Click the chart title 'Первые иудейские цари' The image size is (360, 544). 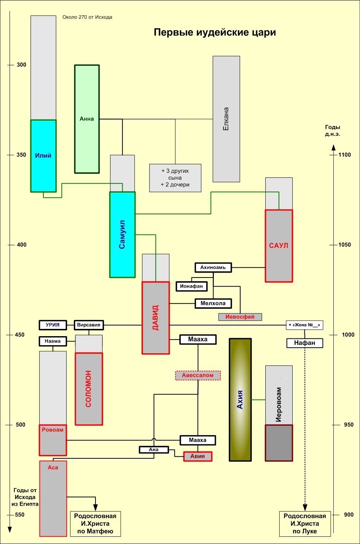[x=215, y=33]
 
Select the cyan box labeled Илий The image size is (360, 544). [x=43, y=156]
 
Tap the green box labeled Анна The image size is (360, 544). [x=87, y=119]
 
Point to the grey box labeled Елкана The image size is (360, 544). [x=226, y=119]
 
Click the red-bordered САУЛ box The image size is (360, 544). [x=279, y=246]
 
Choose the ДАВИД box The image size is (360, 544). [x=155, y=318]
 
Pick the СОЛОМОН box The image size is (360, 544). [x=89, y=389]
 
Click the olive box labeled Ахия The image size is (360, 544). [x=240, y=400]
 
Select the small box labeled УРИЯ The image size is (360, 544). [x=53, y=325]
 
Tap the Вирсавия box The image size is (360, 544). [x=89, y=325]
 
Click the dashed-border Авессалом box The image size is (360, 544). [x=198, y=375]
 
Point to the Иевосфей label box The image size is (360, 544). [x=240, y=317]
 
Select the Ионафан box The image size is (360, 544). [x=191, y=286]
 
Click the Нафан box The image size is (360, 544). [x=304, y=343]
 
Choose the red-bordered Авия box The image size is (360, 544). [x=198, y=456]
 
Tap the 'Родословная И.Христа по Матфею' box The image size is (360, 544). [x=95, y=524]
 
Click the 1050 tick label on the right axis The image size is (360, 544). [x=345, y=245]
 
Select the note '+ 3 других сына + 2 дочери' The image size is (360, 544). [x=175, y=178]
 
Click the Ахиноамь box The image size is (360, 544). [x=213, y=268]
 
